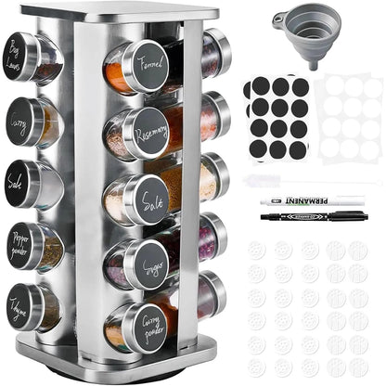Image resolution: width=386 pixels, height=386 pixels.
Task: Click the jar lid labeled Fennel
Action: tap(145, 67)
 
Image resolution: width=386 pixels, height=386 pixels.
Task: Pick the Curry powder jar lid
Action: tap(147, 325)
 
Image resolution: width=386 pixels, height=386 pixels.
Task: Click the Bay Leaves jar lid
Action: tap(21, 56)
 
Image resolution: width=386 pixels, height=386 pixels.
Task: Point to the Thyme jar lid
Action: tap(19, 307)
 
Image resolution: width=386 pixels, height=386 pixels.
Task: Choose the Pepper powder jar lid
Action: tap(20, 246)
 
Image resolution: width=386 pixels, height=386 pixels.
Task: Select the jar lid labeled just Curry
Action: tap(21, 122)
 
